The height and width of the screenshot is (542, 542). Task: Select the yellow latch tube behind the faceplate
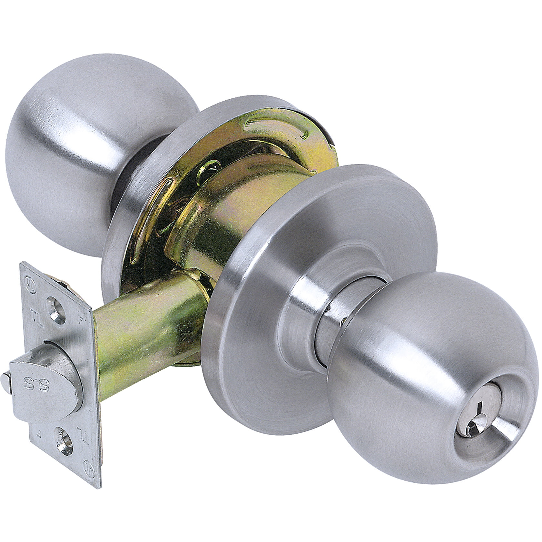[145, 332]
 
